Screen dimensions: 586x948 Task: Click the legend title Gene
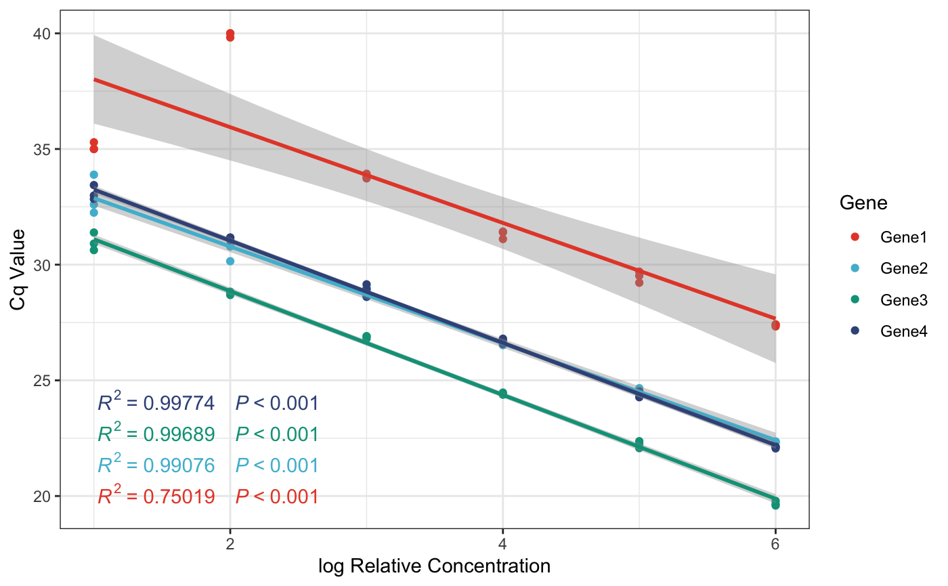[863, 203]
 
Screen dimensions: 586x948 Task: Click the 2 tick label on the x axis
[230, 543]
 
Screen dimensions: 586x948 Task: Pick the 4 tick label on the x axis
[502, 543]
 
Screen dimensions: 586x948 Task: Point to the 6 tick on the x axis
[775, 543]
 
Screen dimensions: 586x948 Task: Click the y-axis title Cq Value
[18, 270]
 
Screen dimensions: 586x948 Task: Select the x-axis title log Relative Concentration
[434, 566]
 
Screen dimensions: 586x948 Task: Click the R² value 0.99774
[179, 404]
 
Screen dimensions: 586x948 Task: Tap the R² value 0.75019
[179, 497]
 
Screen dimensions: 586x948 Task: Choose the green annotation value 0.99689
[179, 434]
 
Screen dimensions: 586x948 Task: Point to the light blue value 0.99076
[179, 465]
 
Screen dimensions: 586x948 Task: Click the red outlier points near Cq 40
[230, 35]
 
